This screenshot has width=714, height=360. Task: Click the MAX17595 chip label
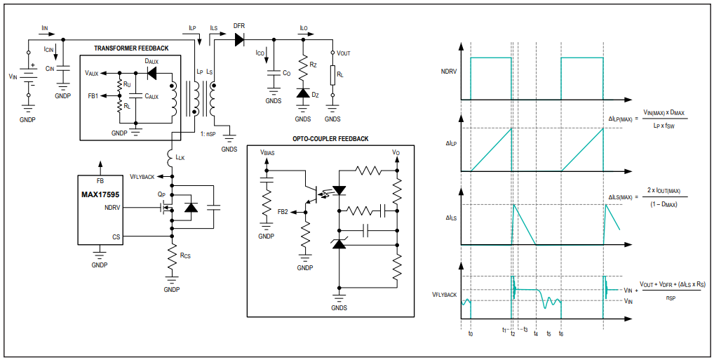100,194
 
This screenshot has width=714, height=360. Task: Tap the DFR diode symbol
239,39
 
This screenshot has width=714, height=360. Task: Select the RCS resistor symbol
172,258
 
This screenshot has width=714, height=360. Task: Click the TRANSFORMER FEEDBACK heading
131,48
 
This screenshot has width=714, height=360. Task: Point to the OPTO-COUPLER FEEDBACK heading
330,138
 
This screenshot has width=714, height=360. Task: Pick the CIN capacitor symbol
63,68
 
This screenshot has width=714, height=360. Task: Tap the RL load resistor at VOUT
332,74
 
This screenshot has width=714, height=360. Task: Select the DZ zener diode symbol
302,93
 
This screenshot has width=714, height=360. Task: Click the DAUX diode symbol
152,73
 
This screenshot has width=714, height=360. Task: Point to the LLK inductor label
180,158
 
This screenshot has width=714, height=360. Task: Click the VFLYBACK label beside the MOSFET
142,176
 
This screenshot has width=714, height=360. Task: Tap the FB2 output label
283,211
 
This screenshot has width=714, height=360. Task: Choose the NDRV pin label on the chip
112,208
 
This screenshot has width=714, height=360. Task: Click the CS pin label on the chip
116,236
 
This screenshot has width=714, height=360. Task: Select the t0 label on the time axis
471,333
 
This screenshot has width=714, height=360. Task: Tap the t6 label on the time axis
561,333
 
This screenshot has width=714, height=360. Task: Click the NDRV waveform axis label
448,71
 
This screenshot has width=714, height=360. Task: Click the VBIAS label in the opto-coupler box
267,153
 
